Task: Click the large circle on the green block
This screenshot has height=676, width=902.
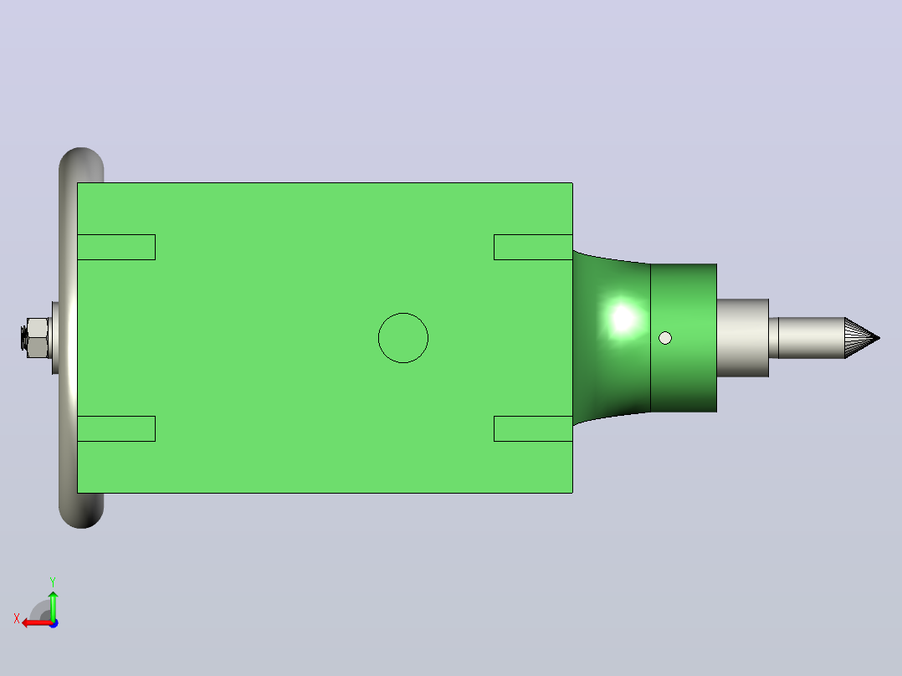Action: [403, 314]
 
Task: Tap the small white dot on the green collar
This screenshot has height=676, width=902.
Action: [665, 338]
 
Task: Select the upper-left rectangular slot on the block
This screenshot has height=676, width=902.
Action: [116, 247]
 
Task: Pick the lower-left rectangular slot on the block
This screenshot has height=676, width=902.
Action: [116, 428]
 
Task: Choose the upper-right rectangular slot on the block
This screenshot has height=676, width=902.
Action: [533, 247]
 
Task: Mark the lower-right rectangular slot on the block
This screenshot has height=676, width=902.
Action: [533, 428]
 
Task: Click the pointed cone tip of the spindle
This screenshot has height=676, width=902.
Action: [879, 338]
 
